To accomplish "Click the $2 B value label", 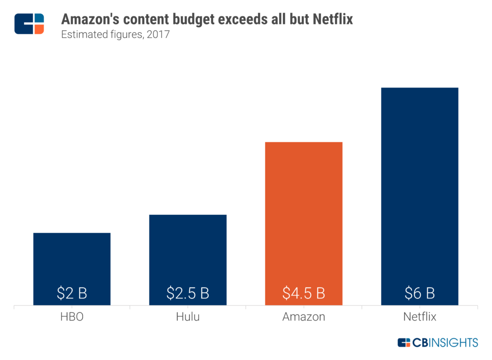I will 72,293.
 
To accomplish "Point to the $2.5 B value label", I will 188,293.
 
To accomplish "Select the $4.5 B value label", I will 304,293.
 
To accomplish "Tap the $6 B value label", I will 419,293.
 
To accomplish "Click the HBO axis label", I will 72,317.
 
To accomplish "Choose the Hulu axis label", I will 188,317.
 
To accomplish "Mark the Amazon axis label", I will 304,317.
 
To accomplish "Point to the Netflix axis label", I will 419,317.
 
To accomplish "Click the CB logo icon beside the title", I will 29,24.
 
